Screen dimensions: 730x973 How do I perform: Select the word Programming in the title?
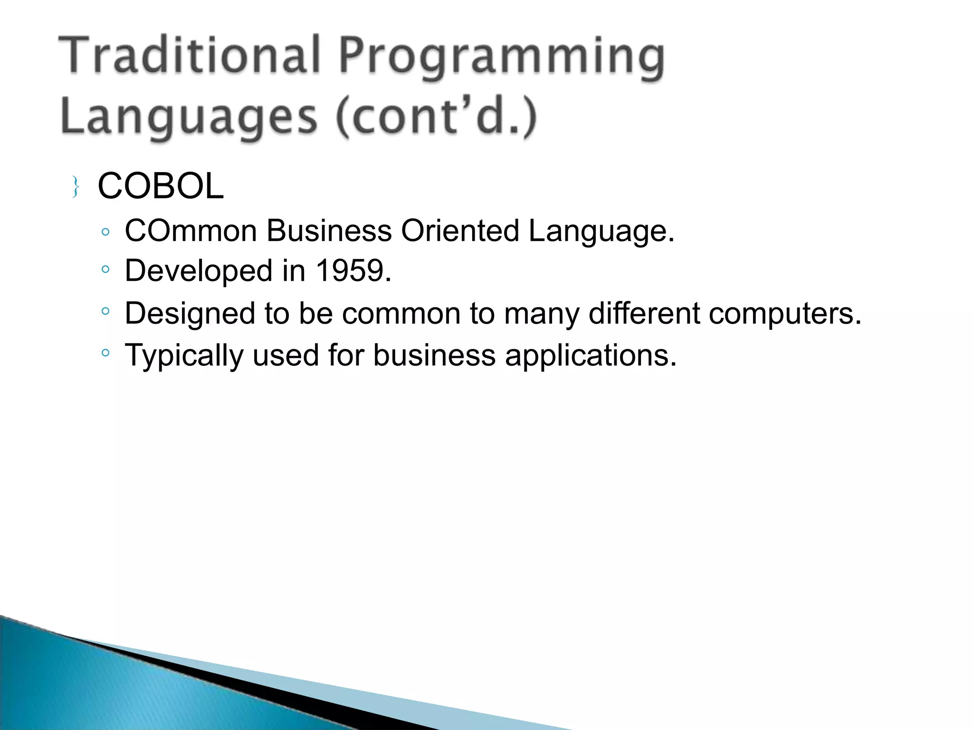[x=501, y=57]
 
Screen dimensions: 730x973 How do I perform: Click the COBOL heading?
[x=161, y=186]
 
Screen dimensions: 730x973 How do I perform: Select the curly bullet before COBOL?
[x=75, y=187]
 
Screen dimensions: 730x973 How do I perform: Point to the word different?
[x=644, y=314]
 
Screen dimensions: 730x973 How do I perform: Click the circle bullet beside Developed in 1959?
[x=105, y=269]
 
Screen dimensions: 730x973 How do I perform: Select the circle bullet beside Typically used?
[x=105, y=353]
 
